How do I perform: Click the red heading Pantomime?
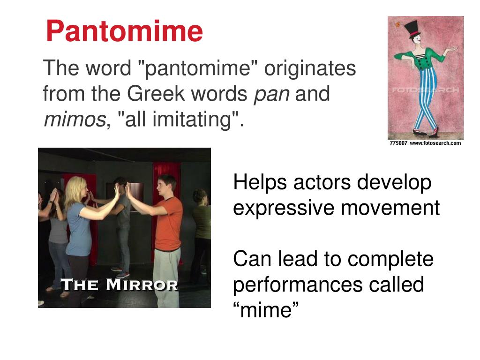(124, 31)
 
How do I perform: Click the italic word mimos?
(74, 120)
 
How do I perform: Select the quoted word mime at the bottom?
(266, 310)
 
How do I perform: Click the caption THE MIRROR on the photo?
(120, 285)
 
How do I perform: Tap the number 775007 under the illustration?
(398, 143)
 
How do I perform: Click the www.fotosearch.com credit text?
(435, 143)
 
